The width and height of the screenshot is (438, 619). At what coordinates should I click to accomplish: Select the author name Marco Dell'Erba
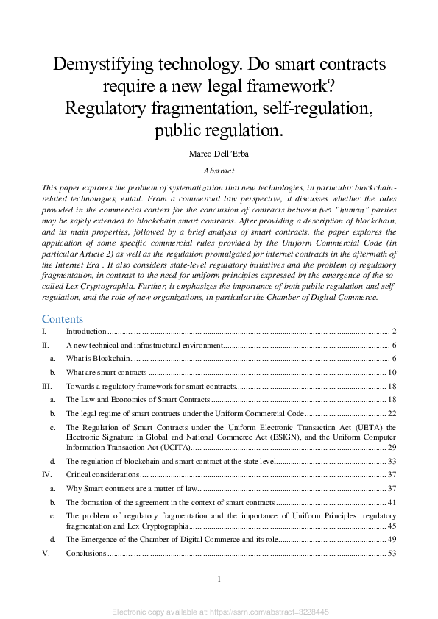[x=219, y=154]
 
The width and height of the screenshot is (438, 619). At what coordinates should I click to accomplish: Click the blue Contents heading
[x=63, y=319]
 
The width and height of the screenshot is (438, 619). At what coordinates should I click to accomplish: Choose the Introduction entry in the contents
[x=86, y=332]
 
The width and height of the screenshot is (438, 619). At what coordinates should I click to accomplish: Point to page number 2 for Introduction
[x=395, y=332]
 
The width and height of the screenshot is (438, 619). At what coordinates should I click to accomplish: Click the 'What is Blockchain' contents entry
[x=99, y=359]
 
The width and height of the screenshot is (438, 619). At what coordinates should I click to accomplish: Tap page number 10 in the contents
[x=392, y=373]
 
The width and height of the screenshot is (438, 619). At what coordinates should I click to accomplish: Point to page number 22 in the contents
[x=392, y=414]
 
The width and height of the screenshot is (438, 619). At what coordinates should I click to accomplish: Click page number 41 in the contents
[x=392, y=502]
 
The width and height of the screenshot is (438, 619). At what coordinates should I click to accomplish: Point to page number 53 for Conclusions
[x=392, y=553]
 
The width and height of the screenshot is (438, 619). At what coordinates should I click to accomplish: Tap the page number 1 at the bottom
[x=219, y=580]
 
